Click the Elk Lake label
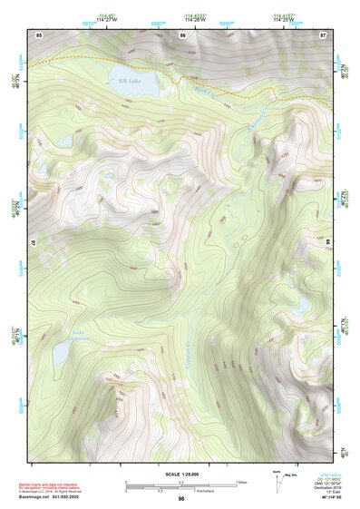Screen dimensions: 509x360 [x=130, y=81]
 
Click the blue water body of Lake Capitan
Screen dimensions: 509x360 [x=60, y=352]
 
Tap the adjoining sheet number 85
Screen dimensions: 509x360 [x=38, y=34]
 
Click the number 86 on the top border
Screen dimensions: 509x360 [x=182, y=34]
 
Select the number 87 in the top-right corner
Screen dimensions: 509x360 [x=324, y=34]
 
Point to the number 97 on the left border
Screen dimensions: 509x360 [x=34, y=242]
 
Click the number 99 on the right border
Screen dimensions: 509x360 [x=328, y=242]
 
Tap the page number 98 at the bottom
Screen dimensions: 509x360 [x=181, y=499]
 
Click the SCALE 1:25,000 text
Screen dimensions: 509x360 [x=181, y=474]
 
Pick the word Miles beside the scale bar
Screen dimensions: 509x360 [x=240, y=482]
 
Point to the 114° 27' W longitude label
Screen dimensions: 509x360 [x=107, y=20]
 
